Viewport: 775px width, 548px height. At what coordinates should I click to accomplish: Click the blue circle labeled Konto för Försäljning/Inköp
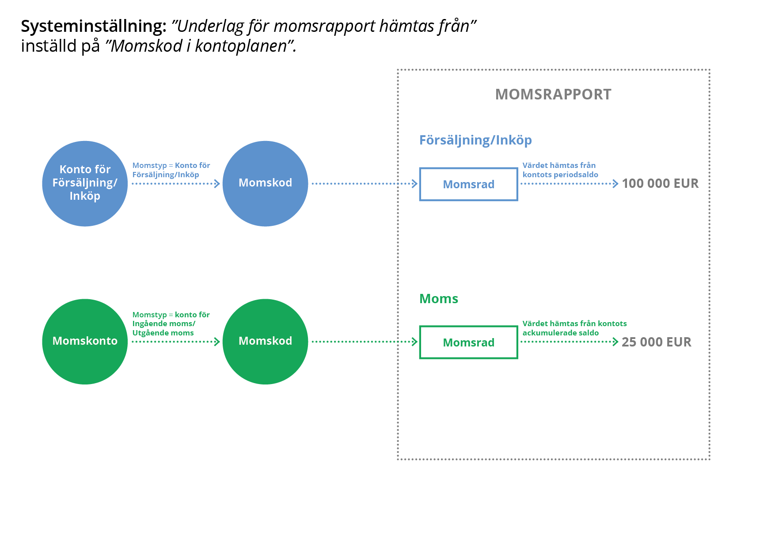85,183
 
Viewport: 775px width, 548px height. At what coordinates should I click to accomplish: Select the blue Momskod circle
265,183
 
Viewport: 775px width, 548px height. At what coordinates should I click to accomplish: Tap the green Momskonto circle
85,342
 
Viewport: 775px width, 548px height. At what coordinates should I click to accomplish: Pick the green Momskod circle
265,342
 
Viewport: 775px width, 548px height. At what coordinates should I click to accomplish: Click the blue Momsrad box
468,184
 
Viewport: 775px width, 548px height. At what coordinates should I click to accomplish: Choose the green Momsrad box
468,342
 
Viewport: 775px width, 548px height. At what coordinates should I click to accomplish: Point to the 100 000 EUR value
660,183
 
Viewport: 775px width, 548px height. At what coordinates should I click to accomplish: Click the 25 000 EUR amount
656,342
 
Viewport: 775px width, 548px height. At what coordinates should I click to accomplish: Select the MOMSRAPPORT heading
553,95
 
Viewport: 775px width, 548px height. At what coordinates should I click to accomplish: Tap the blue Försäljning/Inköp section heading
475,140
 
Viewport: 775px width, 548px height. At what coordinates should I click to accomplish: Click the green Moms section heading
438,299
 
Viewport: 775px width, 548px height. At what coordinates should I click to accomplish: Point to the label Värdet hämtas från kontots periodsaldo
560,170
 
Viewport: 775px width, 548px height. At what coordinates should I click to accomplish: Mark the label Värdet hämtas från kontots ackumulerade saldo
574,328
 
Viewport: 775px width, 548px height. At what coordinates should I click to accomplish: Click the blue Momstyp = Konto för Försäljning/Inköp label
171,170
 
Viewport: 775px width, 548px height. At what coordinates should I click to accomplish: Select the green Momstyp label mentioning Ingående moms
171,323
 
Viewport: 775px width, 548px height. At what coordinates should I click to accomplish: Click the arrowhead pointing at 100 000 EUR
615,184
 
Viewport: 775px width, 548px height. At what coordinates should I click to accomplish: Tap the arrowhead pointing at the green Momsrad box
415,342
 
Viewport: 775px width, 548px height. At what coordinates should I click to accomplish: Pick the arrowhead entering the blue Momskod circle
217,184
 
